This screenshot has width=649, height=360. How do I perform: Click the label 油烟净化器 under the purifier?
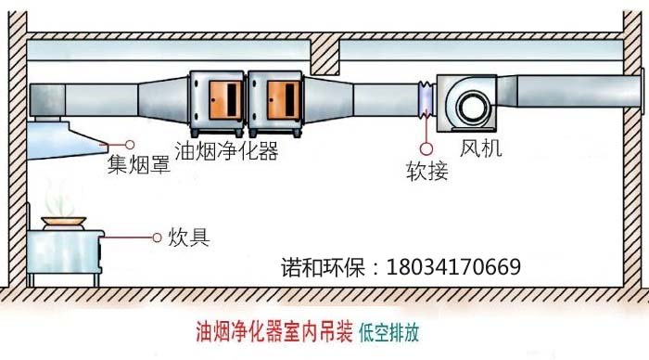pyautogui.click(x=226, y=150)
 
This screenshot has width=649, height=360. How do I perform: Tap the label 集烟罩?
pyautogui.click(x=139, y=163)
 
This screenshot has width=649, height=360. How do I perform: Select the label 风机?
pyautogui.click(x=481, y=148)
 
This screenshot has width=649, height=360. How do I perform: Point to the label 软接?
pyautogui.click(x=427, y=171)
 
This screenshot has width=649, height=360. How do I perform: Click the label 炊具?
pyautogui.click(x=189, y=238)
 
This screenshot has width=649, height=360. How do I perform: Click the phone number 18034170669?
pyautogui.click(x=453, y=267)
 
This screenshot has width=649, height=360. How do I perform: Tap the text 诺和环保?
pyautogui.click(x=323, y=267)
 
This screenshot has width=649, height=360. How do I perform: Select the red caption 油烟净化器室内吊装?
pyautogui.click(x=274, y=332)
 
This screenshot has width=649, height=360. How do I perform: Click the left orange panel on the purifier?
pyautogui.click(x=225, y=100)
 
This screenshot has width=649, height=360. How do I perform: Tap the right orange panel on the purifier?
pyautogui.click(x=283, y=100)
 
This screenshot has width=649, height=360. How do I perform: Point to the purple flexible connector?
pyautogui.click(x=426, y=98)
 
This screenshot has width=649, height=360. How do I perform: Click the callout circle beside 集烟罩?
pyautogui.click(x=130, y=145)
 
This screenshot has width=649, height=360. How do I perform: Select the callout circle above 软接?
pyautogui.click(x=426, y=148)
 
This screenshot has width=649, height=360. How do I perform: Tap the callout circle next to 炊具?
pyautogui.click(x=157, y=238)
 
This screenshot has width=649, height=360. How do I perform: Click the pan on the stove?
pyautogui.click(x=64, y=223)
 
